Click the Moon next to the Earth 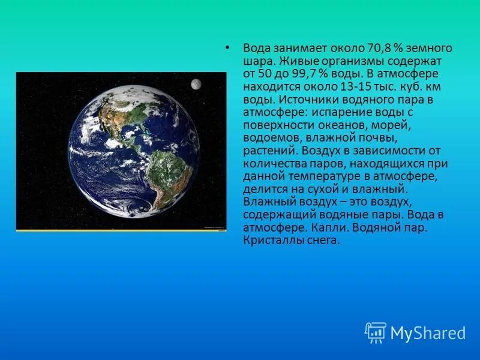pyautogui.click(x=196, y=85)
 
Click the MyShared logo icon pyautogui.click(x=375, y=332)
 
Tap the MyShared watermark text pyautogui.click(x=427, y=333)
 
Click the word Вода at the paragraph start pyautogui.click(x=255, y=48)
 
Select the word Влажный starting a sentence pyautogui.click(x=264, y=202)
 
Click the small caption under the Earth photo pyautogui.click(x=214, y=227)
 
